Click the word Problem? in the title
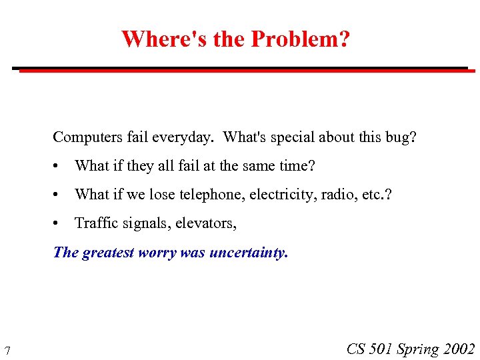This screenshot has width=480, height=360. click(300, 39)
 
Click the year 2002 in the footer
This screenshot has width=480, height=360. click(459, 349)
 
